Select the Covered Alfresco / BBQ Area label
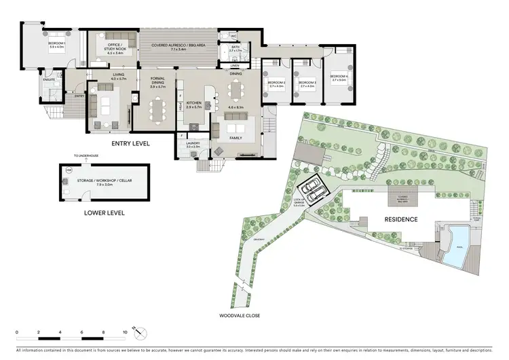[174, 46]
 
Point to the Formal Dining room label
[157, 82]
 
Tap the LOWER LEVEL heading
[105, 212]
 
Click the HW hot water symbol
[69, 170]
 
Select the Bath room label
[235, 48]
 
